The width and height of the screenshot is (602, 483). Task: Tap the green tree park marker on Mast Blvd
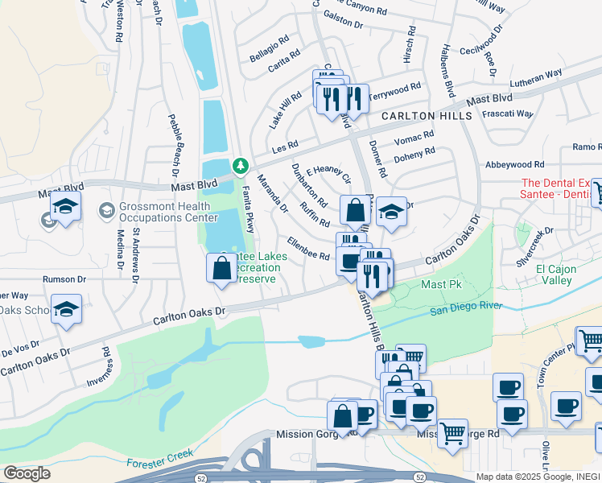click(x=240, y=166)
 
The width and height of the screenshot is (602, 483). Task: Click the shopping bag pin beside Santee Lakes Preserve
click(x=222, y=269)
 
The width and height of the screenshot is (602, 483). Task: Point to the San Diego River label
click(x=464, y=308)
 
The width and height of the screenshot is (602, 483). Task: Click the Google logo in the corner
click(x=26, y=473)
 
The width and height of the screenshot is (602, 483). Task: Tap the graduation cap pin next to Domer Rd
click(x=391, y=212)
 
